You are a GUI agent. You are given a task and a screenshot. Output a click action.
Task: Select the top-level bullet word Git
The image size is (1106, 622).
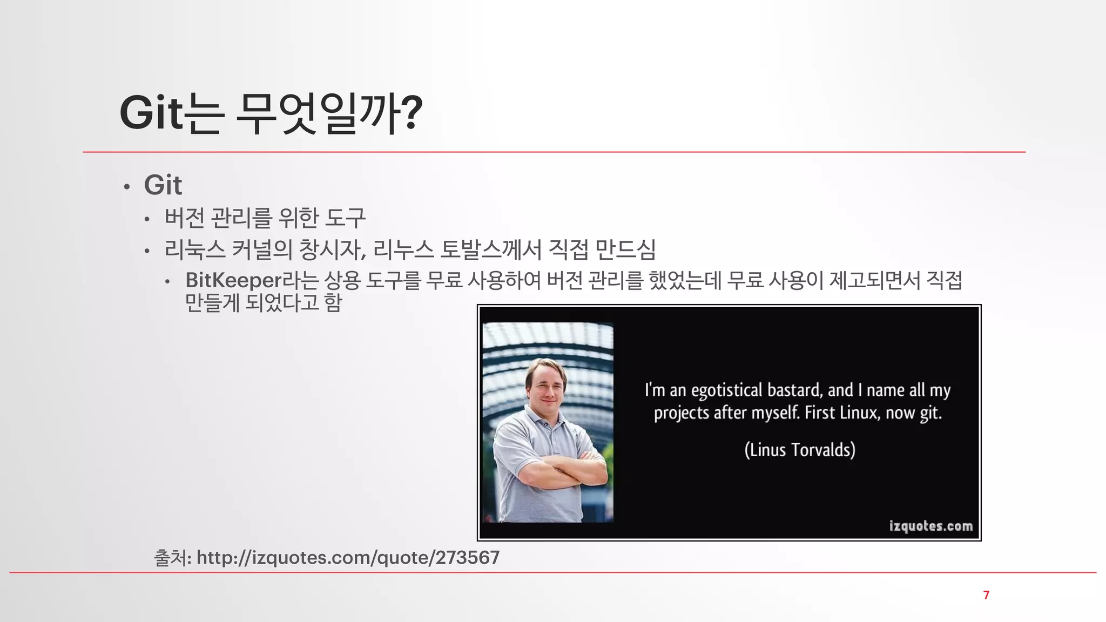coord(163,185)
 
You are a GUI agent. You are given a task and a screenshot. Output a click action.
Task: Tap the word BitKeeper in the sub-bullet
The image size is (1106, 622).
coord(233,280)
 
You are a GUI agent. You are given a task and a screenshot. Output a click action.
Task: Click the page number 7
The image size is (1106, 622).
coord(986,595)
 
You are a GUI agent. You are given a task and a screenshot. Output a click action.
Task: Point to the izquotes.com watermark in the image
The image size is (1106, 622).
coord(930,526)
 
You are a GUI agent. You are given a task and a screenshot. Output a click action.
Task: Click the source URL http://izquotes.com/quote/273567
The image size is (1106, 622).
coord(348,557)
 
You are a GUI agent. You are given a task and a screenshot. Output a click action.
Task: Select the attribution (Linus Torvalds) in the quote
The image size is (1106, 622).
coord(800,450)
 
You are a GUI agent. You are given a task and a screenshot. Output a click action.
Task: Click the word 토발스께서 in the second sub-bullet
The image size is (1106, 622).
coord(490,249)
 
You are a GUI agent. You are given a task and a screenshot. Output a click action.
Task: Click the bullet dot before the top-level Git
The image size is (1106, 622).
coord(127,187)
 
